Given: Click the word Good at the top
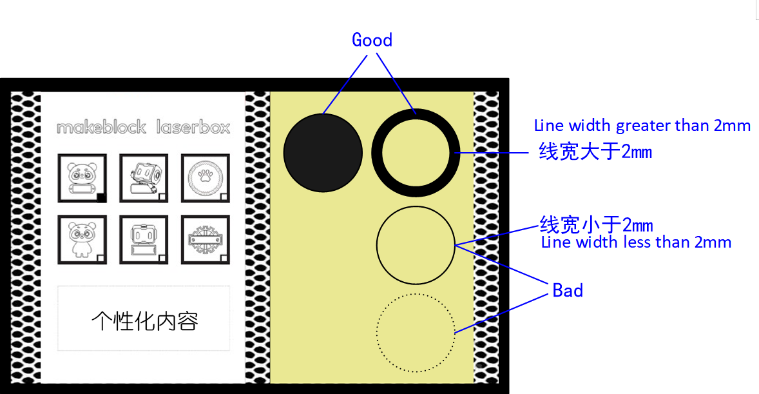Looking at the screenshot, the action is coord(372,40).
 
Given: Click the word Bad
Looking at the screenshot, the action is coord(567,290).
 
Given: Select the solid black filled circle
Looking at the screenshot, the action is coord(323,153).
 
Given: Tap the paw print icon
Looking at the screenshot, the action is coord(206,175).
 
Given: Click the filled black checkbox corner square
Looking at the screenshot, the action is coord(101,197).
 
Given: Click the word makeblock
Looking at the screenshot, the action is coord(101,128).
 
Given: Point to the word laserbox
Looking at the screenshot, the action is coord(193,128).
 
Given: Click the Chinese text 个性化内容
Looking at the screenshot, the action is coord(144,321).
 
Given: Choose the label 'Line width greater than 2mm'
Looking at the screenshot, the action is coord(642,126).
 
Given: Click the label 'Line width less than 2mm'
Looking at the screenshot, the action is coord(636,242).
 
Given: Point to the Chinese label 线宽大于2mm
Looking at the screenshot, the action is coord(595,152).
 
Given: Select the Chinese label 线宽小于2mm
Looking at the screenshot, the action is coord(597,225).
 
